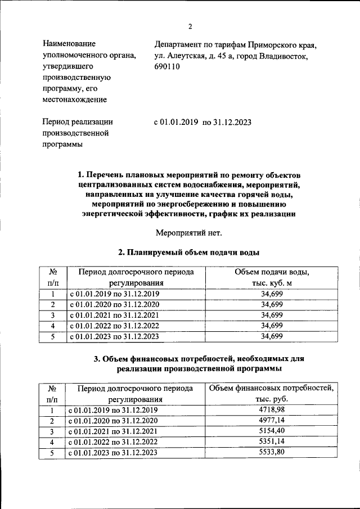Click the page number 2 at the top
pos(190,26)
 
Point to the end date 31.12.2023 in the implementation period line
pos(232,121)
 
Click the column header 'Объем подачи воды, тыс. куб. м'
pos(272,278)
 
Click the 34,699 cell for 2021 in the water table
pos(272,315)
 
